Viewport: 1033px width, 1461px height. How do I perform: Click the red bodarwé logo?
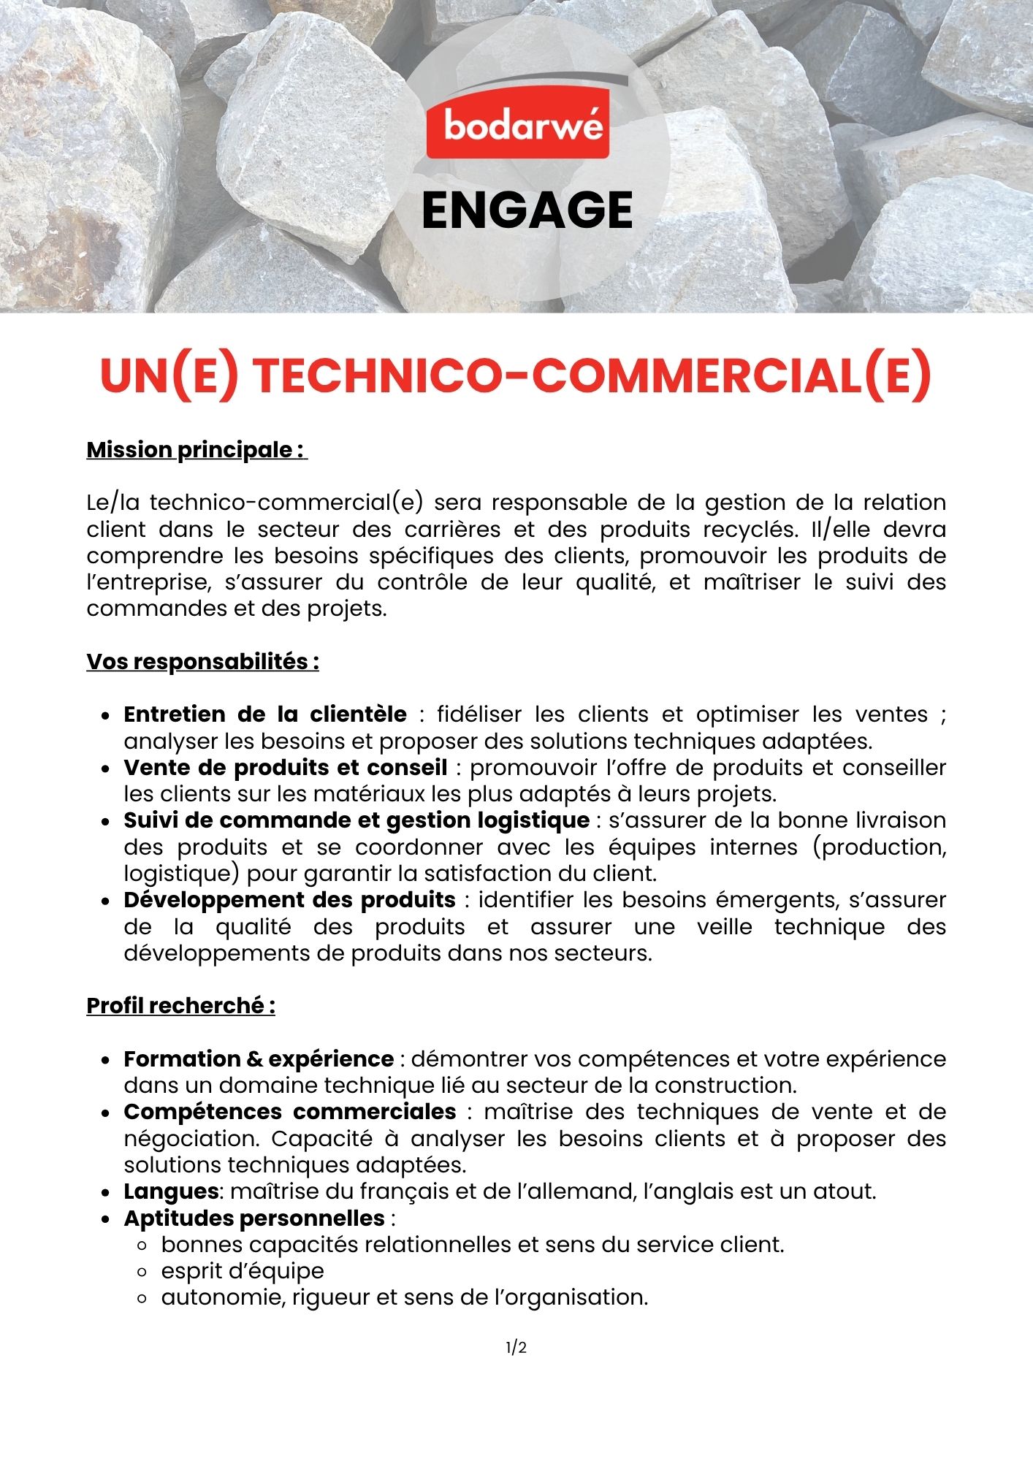tap(517, 128)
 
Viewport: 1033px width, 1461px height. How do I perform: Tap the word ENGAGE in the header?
tap(527, 210)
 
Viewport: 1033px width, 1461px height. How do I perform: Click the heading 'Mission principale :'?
tap(197, 450)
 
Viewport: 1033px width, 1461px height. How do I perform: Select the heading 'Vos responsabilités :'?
tap(202, 662)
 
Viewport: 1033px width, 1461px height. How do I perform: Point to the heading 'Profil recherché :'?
tap(180, 1006)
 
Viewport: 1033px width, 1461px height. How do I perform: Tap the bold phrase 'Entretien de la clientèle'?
tap(265, 714)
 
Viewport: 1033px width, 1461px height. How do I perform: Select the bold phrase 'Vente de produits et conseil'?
tap(285, 767)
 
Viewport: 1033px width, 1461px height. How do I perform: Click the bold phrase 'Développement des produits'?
tap(289, 900)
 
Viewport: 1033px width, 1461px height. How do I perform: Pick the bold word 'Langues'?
tap(171, 1191)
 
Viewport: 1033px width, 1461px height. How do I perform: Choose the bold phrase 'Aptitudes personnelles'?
tap(254, 1218)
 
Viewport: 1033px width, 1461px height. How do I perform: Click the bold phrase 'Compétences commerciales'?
tap(289, 1112)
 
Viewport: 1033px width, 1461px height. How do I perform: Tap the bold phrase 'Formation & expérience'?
tap(259, 1059)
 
